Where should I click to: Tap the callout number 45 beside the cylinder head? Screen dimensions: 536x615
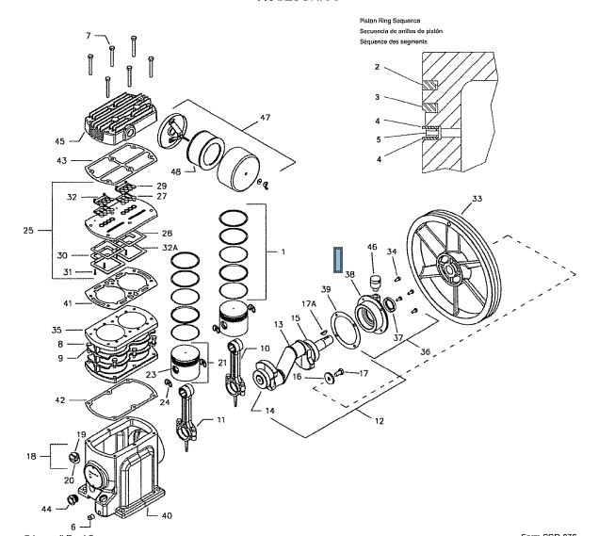59,141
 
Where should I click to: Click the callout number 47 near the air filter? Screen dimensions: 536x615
265,118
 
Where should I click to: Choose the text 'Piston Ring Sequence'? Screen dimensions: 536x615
389,20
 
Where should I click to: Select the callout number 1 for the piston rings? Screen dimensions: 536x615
282,252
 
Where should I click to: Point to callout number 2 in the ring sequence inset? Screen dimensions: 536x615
377,67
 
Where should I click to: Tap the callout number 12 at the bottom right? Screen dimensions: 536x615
380,420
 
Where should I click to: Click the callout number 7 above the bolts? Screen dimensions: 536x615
89,36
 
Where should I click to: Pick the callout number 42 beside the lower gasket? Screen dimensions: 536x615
59,401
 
